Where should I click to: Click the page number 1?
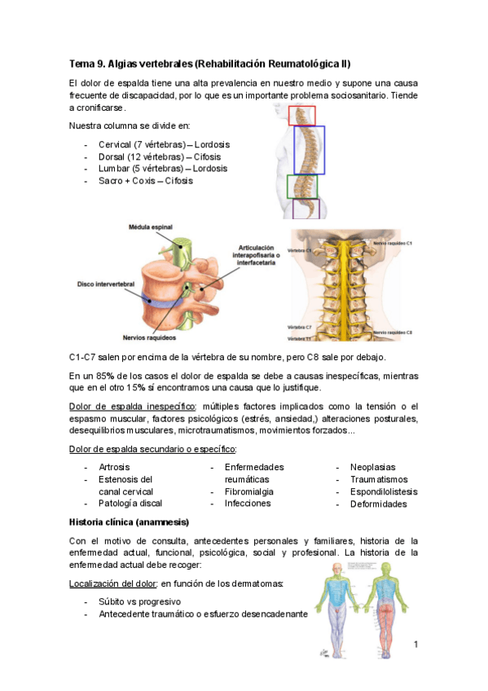[415, 646]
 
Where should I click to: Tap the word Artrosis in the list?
[115, 468]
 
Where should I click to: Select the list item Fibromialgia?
[248, 492]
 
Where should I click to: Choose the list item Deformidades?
[378, 504]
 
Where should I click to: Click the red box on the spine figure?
[301, 115]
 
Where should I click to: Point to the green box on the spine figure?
[302, 187]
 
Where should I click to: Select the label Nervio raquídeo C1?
[393, 244]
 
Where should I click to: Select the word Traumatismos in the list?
[379, 480]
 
